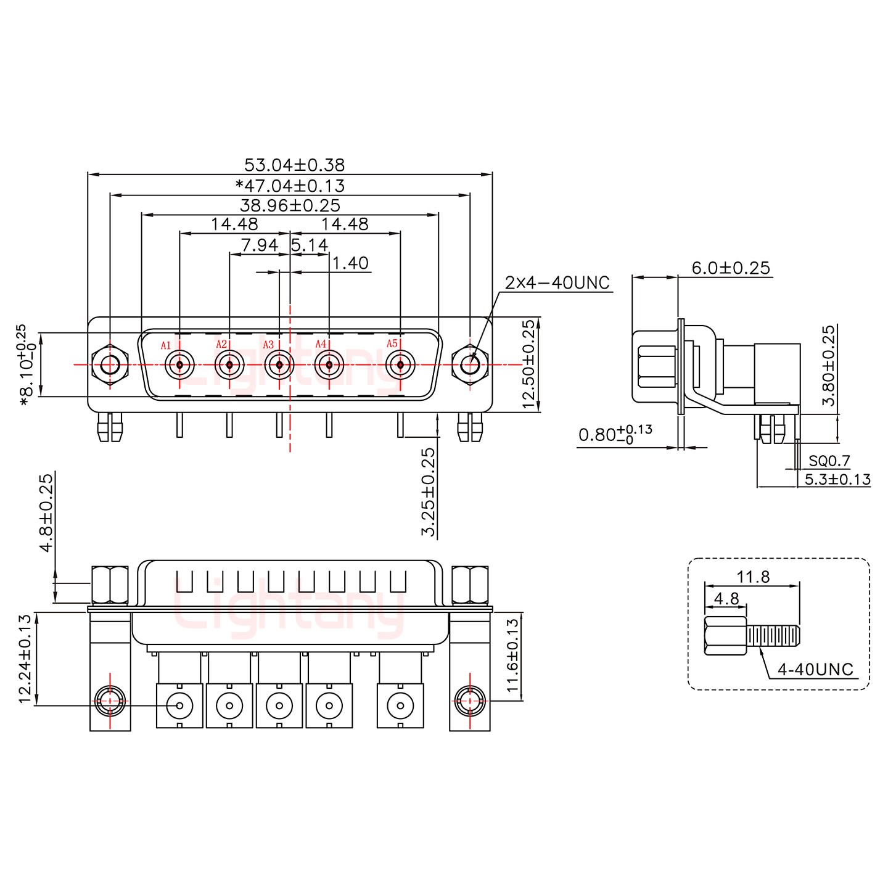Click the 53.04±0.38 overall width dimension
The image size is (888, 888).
pyautogui.click(x=294, y=165)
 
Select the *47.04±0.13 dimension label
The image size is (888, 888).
pyautogui.click(x=290, y=186)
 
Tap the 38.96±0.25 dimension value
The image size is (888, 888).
pyautogui.click(x=290, y=205)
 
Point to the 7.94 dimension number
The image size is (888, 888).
pyautogui.click(x=260, y=245)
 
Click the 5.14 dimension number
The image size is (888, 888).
pyautogui.click(x=310, y=245)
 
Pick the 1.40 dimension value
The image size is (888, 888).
pyautogui.click(x=350, y=263)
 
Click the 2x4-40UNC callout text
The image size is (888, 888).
pyautogui.click(x=557, y=283)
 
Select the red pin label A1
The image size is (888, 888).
pyautogui.click(x=165, y=345)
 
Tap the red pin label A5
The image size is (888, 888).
pyautogui.click(x=392, y=343)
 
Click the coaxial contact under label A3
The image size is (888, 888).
pyautogui.click(x=279, y=365)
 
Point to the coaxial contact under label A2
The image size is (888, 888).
pyautogui.click(x=229, y=365)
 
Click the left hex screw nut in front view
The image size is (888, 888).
pyautogui.click(x=110, y=365)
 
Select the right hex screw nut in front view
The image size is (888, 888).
pyautogui.click(x=470, y=365)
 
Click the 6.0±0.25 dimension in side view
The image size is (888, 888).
pyautogui.click(x=731, y=268)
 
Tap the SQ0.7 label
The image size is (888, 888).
pyautogui.click(x=829, y=461)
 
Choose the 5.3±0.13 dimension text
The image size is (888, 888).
pyautogui.click(x=837, y=479)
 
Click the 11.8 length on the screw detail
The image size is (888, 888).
pyautogui.click(x=753, y=577)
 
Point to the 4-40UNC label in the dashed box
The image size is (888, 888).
pyautogui.click(x=815, y=669)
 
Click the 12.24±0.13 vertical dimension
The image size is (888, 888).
pyautogui.click(x=25, y=659)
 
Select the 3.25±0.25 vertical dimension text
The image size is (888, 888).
pyautogui.click(x=428, y=491)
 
